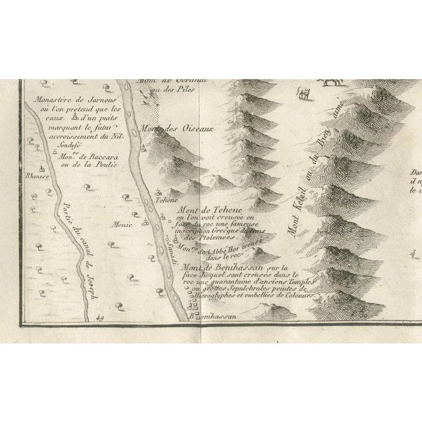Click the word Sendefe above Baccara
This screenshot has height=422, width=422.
tap(51, 142)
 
